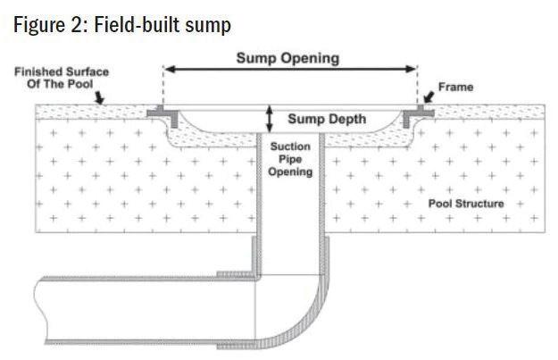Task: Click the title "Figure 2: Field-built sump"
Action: tap(122, 24)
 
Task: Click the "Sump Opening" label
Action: tap(287, 58)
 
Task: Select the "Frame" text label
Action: tap(456, 88)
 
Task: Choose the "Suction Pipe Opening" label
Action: tap(290, 158)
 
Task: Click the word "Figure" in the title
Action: tap(41, 24)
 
